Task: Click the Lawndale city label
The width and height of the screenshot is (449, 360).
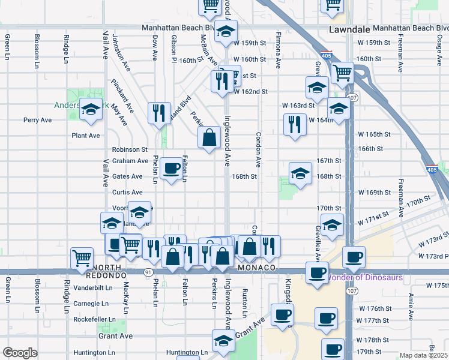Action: coord(348,29)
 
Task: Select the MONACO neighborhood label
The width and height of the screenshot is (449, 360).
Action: coord(256,267)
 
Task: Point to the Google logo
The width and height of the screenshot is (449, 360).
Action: coord(20,353)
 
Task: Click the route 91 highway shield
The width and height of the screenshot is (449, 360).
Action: coord(148,272)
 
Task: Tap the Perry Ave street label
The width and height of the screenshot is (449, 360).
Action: coord(38,120)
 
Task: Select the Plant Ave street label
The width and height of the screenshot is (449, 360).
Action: coord(86,136)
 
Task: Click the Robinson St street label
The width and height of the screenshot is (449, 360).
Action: coord(130,149)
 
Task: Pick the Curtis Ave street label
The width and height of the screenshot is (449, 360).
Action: coord(127,193)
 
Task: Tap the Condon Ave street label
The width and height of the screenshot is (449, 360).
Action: coord(259,149)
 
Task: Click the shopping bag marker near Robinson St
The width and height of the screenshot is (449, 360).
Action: coord(209,137)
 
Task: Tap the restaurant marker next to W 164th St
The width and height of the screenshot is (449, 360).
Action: coord(294,125)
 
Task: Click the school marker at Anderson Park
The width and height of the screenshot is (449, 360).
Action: coord(91,110)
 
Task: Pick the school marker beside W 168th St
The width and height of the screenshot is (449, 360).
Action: coord(301,173)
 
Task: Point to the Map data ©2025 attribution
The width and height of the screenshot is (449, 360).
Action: coord(423,355)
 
